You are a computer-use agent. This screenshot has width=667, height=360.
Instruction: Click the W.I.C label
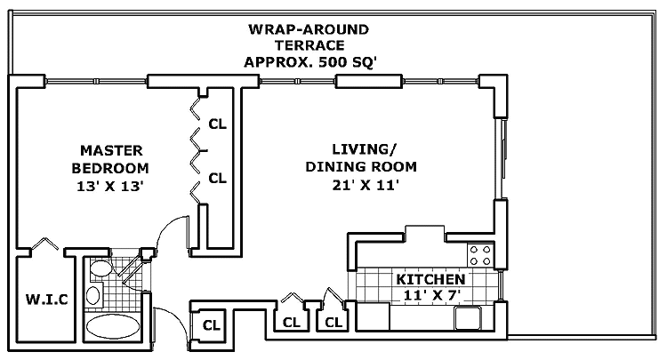point(47,300)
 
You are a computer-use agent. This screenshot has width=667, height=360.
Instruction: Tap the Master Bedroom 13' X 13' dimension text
point(109,186)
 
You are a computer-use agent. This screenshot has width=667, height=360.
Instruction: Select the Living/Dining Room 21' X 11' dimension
point(366,185)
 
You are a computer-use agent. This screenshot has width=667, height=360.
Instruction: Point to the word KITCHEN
point(430,279)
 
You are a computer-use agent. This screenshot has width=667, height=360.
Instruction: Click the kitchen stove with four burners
point(480,255)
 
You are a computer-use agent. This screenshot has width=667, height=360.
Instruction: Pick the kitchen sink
point(468,318)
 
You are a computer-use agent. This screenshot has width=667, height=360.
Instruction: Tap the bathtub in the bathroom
point(113,326)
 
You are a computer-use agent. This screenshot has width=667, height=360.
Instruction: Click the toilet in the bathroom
point(100,268)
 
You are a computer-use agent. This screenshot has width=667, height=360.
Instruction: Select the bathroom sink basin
point(93,294)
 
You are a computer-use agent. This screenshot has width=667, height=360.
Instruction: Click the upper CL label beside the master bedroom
point(217,124)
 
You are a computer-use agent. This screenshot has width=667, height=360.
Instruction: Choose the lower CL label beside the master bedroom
point(217,178)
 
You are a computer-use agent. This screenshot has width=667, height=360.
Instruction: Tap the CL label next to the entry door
point(212,325)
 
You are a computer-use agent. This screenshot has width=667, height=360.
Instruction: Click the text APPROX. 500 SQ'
point(310,62)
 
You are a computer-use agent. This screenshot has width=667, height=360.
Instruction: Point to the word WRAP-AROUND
point(309,29)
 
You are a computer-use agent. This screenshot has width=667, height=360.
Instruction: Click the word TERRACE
point(309,45)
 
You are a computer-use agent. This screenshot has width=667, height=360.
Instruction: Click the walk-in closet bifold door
point(45,244)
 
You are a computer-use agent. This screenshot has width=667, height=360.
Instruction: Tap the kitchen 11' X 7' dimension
point(432,295)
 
